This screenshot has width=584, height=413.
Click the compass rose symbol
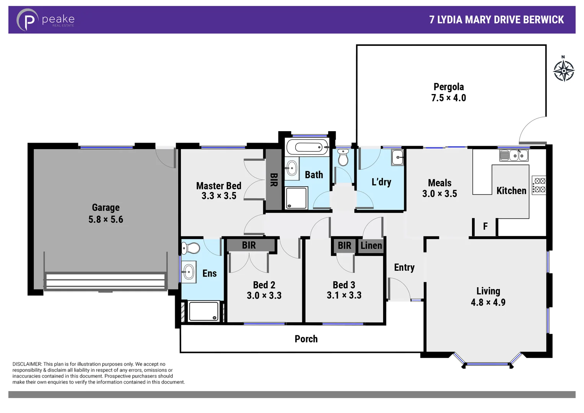point(563,70)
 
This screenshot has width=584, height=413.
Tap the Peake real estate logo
point(45,20)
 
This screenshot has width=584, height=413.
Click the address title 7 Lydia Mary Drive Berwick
point(496,20)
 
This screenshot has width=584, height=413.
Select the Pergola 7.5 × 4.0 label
point(449,92)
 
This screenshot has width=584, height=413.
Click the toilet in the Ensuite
point(191,249)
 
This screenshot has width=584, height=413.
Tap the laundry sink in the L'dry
point(397,157)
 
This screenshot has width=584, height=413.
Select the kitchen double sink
point(514,155)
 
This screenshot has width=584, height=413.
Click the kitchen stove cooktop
point(539,185)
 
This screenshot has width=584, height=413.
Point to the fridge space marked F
point(485,226)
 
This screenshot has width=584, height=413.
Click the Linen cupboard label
point(371,246)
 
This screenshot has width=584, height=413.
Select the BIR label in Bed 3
point(344,246)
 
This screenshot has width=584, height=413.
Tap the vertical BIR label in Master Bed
point(273,180)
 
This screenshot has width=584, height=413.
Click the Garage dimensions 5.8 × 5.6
point(106,220)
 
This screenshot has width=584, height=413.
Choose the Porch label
point(306,339)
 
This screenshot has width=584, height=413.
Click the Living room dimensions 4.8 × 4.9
point(488,302)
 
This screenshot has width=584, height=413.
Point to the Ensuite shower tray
point(203,311)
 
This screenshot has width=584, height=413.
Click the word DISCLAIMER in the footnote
point(27,364)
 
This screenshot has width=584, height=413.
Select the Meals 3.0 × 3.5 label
point(439,188)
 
